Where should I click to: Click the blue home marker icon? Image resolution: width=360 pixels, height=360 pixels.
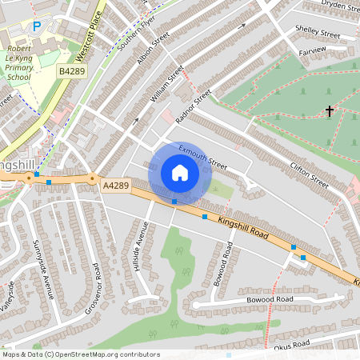pos(180,173)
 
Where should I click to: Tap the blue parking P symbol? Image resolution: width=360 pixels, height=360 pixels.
pos(37,27)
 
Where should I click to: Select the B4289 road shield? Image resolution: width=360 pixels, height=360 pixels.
pos(71,71)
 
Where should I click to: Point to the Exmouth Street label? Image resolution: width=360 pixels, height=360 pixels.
pos(203,155)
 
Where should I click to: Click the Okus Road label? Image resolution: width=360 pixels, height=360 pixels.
pos(290,344)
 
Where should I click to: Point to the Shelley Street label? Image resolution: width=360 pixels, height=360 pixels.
pos(318,33)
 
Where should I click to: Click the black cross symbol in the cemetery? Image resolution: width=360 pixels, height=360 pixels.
pos(329,111)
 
